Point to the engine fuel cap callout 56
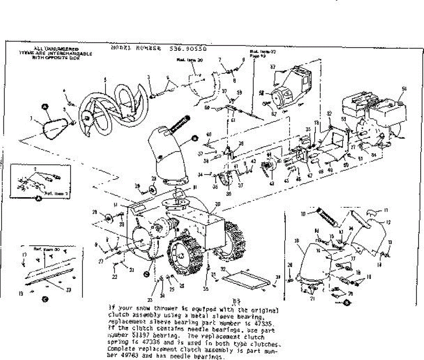click(x=404, y=89)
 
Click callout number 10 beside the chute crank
click(x=302, y=214)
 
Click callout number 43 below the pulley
click(x=272, y=184)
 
